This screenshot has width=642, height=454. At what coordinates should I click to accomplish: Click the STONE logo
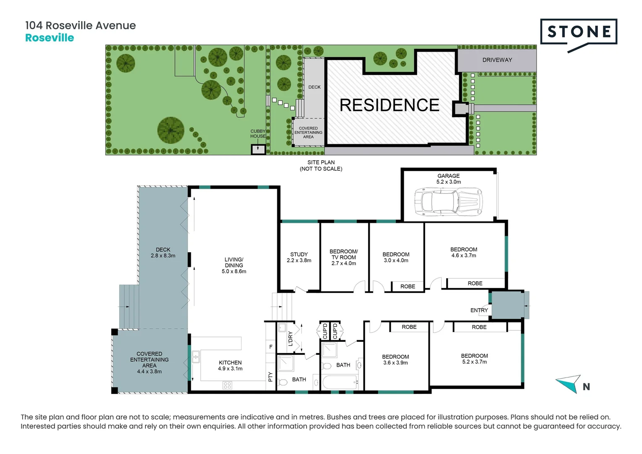coord(579,33)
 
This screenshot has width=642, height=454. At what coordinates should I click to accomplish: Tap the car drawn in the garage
coord(448,201)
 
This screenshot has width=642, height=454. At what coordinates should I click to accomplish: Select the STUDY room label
coord(299,257)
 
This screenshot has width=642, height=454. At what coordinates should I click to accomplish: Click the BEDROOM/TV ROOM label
coord(344,257)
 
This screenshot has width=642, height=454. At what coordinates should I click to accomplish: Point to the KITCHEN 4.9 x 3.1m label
coord(230,365)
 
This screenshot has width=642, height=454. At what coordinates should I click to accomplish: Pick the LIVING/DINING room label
coord(234,265)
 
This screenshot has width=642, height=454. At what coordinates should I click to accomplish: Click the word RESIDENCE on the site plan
coord(389,105)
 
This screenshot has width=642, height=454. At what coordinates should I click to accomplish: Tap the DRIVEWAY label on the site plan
coord(497,60)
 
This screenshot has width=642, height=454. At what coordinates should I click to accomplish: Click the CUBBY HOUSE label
coord(258,134)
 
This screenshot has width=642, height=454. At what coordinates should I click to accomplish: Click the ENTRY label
coord(479,310)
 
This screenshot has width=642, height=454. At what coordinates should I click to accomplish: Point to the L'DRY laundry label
coord(290,339)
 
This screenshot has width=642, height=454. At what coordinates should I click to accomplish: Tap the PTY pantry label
coord(270,377)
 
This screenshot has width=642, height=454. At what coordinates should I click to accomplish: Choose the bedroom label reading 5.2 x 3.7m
coord(474,359)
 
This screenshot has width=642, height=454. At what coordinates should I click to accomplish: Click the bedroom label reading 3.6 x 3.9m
coord(395,359)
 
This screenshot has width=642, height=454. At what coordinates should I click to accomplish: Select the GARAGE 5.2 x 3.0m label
coord(448,179)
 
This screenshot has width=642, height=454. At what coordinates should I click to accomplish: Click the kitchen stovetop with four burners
coord(227,385)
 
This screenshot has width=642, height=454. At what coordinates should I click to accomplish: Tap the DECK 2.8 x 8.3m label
coord(163,252)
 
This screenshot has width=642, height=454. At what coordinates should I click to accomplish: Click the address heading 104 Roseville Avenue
coord(81,26)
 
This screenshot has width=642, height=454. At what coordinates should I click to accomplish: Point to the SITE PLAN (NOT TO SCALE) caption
coord(321,165)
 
